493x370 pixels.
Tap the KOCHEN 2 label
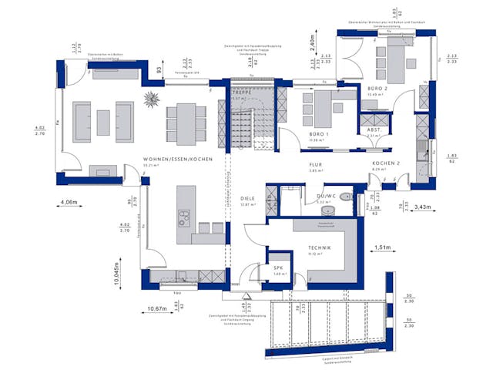[x=386, y=164]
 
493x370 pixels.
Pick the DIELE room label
[x=247, y=197]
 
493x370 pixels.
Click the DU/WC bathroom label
[x=327, y=197]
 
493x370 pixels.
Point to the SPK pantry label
[x=278, y=268]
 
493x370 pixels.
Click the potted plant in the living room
[x=153, y=99]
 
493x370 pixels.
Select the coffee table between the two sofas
[x=102, y=121]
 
